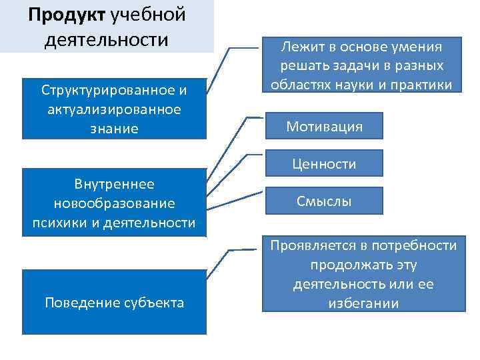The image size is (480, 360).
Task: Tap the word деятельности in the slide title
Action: pyautogui.click(x=107, y=39)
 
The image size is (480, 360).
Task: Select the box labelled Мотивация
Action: pyautogui.click(x=324, y=127)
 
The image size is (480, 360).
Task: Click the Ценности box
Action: pyautogui.click(x=325, y=163)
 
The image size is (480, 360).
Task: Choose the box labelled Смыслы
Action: pyautogui.click(x=325, y=201)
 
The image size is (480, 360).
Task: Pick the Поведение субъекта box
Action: pyautogui.click(x=114, y=302)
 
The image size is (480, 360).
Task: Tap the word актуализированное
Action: pyautogui.click(x=114, y=109)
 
